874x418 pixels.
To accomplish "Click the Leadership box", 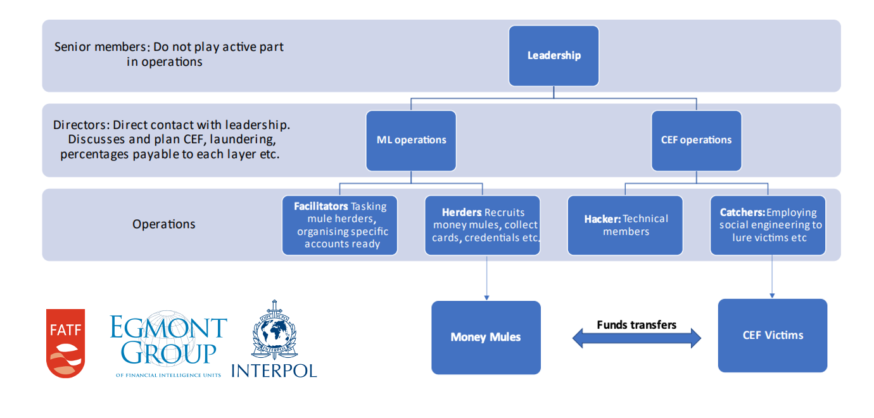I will tap(554, 56).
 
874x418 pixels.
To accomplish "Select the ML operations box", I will tap(411, 141).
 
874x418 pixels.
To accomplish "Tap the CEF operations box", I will tap(696, 141).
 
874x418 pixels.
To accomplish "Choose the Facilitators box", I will tap(339, 225).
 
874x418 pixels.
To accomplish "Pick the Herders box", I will tap(482, 225).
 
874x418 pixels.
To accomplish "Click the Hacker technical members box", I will tap(625, 225).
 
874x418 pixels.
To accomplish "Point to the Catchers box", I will tap(768, 225).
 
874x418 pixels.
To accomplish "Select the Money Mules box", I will tap(486, 337).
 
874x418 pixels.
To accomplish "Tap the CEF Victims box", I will tap(772, 335).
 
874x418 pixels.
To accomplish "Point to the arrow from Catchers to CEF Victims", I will tap(772, 276).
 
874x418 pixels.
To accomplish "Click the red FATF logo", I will tap(65, 343).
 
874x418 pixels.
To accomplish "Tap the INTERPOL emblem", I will tap(274, 339).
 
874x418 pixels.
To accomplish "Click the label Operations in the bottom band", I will tap(164, 224).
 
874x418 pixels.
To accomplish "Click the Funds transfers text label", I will tap(636, 325).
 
